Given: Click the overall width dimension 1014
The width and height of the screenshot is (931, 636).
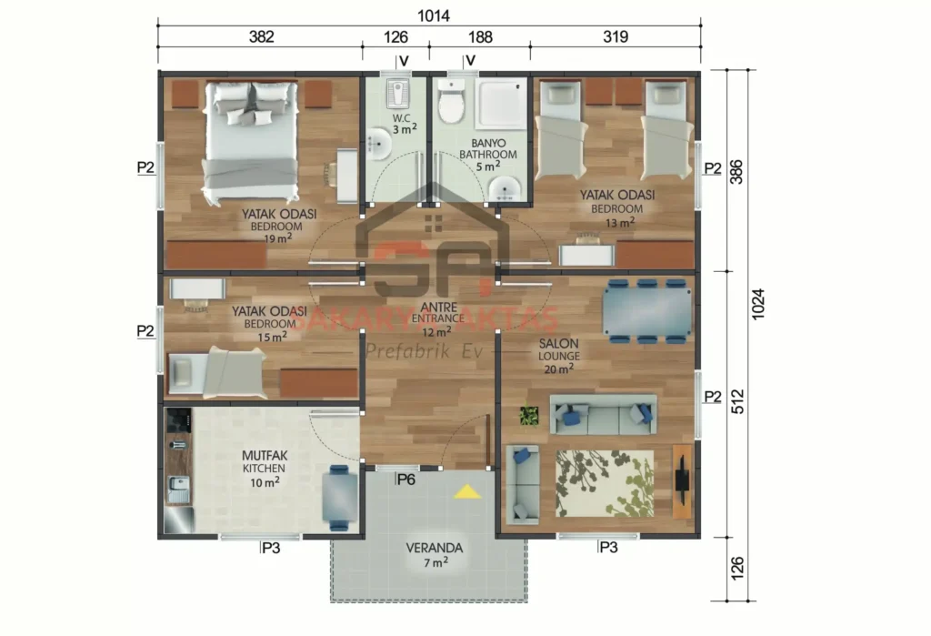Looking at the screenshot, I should coord(434,15).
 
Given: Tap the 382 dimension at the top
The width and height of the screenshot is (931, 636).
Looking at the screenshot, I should coord(260,37).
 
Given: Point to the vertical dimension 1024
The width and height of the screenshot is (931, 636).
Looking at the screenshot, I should coord(759,304).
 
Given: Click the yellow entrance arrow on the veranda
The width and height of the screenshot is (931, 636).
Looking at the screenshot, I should coord(467,492).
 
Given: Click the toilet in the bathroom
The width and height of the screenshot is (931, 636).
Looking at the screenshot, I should coord(451,100).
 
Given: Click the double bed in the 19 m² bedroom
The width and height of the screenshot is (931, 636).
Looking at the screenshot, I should coord(251,141).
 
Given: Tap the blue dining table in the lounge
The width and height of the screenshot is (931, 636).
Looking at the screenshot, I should coord(646,311).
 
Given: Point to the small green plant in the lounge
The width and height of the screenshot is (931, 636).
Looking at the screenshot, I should coord(528,417).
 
